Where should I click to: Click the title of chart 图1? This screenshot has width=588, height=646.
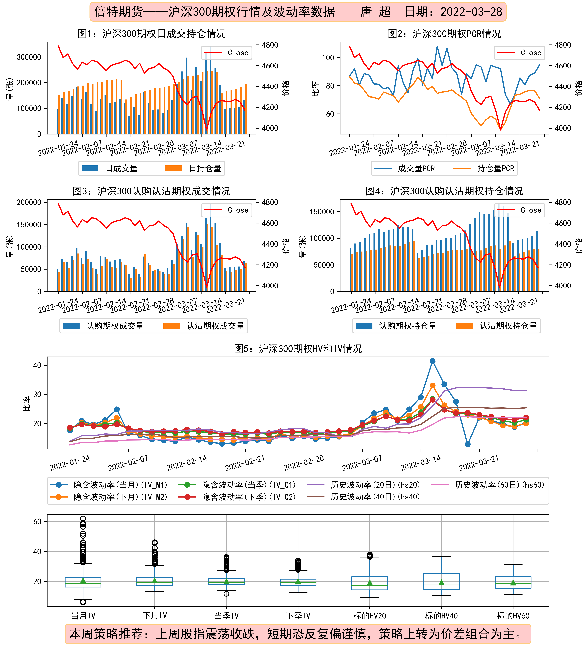(151, 34)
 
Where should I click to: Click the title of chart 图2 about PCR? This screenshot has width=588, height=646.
(444, 34)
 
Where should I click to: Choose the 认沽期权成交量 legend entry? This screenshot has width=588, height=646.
(204, 326)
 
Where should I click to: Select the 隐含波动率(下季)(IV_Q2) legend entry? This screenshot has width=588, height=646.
(237, 497)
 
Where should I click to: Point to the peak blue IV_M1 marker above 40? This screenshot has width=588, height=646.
(432, 361)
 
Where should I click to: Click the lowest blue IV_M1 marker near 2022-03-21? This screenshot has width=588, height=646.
(468, 444)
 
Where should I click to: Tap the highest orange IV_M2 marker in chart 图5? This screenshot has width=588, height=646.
(432, 386)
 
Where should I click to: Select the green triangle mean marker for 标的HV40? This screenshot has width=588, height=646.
(441, 582)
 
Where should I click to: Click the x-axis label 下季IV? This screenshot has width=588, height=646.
(298, 616)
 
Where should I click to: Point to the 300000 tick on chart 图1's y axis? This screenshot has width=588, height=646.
(29, 57)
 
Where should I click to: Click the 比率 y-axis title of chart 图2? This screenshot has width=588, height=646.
(315, 88)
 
